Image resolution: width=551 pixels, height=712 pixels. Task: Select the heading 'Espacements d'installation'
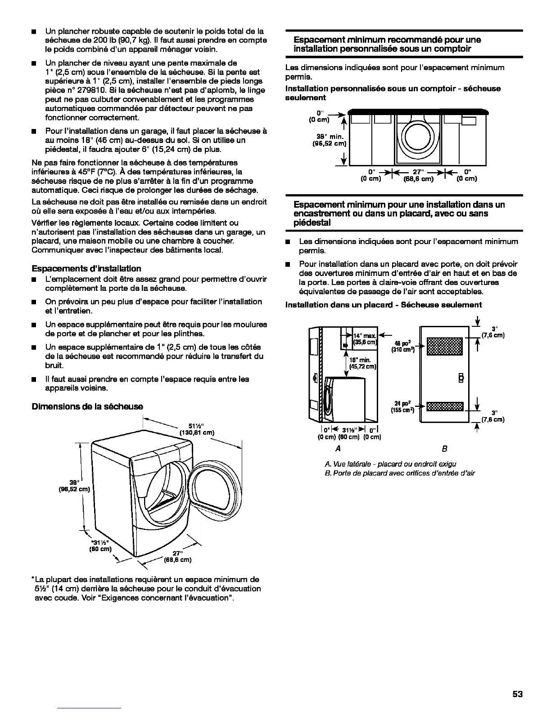point(86,268)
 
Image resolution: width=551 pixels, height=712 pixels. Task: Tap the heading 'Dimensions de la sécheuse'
point(87,406)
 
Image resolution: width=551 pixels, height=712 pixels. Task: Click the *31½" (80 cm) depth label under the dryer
point(100,545)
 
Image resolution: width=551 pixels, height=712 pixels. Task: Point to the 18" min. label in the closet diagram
point(362,363)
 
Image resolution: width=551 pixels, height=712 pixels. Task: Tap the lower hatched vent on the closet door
point(444,406)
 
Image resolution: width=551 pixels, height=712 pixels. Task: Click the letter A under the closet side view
point(338,449)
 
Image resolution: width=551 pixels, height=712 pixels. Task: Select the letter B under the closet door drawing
point(445,449)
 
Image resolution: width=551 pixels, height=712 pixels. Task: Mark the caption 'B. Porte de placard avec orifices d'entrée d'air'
point(400,473)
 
